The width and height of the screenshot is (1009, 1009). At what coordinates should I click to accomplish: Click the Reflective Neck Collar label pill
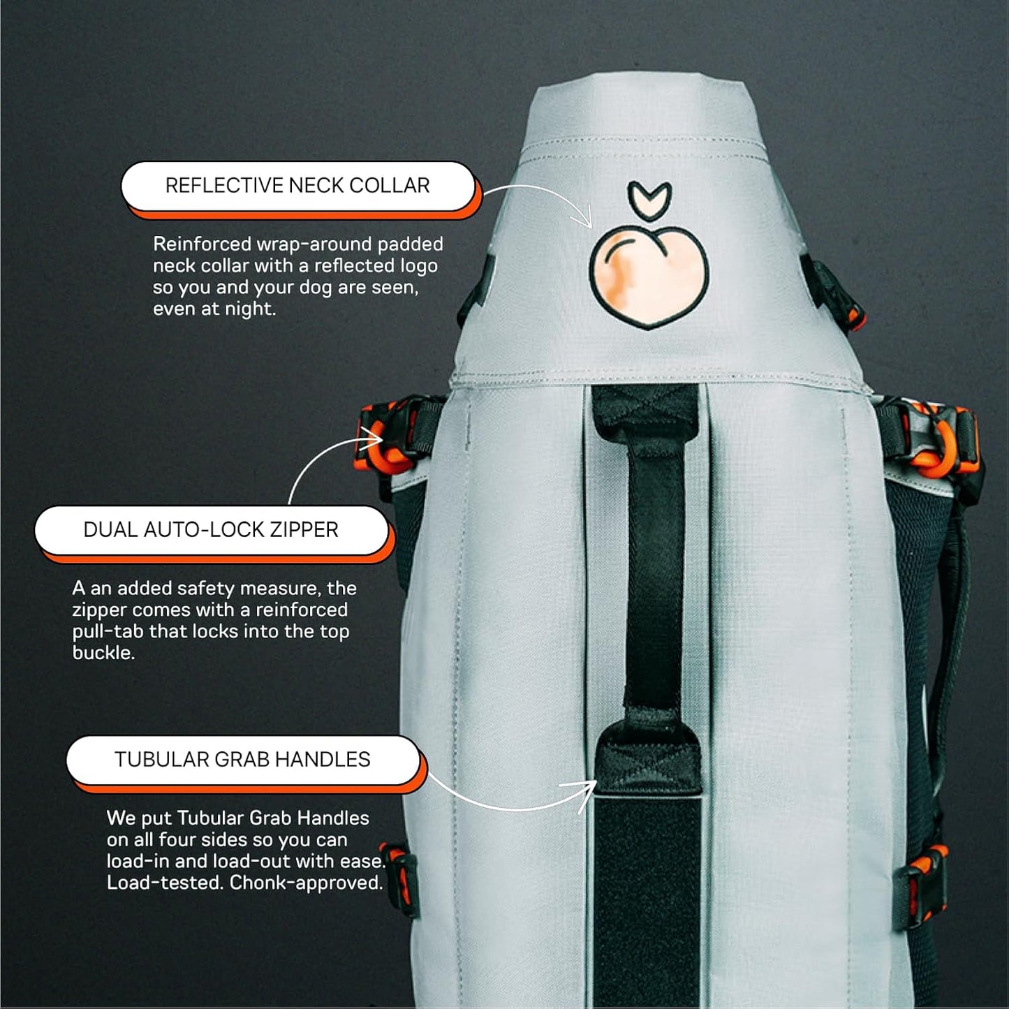pos(297,186)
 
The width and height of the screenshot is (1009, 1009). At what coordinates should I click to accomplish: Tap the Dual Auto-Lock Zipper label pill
pos(211,530)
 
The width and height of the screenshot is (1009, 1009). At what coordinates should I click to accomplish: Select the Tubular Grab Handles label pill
pos(242,760)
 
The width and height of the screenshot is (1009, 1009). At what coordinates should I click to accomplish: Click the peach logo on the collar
pos(649,279)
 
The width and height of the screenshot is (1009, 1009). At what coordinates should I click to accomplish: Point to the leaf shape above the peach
pos(649,198)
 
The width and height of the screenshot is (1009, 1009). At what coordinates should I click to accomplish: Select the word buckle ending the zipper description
pos(103,654)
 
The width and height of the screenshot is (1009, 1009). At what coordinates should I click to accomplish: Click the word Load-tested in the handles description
pos(165,883)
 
